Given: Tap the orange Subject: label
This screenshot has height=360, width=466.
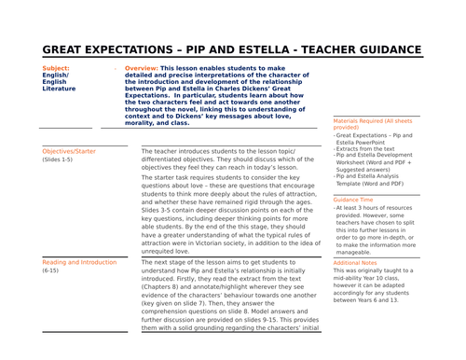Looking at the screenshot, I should tap(57, 68).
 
